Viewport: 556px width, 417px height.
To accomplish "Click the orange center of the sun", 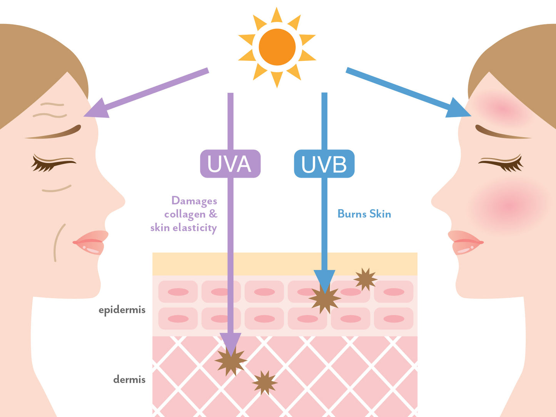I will point(277,47).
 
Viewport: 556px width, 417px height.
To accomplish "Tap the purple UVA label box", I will point(230,164).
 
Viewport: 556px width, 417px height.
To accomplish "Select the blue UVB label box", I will point(324,164).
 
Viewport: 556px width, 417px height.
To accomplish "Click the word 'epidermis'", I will point(122,310).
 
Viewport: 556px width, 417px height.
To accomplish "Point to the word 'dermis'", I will point(129,380).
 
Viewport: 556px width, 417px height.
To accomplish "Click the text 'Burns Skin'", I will point(364,214).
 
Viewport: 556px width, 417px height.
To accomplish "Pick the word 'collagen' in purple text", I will point(185,214).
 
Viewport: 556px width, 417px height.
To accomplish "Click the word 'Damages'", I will point(194,201).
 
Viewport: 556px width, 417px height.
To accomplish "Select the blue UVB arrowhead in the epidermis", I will point(324,280).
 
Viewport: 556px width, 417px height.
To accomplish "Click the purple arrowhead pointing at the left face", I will point(95,109).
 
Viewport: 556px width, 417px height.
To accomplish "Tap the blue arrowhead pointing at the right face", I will point(459,108).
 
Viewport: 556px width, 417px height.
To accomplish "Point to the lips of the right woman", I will point(465,242).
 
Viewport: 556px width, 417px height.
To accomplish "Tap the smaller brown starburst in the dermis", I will point(264,383).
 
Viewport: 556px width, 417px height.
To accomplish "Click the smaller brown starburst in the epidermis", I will point(365,279).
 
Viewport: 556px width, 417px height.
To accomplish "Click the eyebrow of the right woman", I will point(500,133).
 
